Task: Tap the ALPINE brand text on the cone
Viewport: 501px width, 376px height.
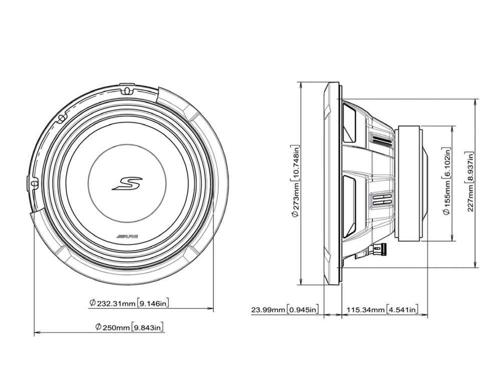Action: click(x=126, y=235)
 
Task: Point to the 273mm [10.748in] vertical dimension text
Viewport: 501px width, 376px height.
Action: click(x=296, y=182)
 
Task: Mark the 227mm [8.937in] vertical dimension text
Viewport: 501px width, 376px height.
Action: click(x=470, y=182)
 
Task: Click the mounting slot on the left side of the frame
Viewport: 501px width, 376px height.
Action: click(x=34, y=184)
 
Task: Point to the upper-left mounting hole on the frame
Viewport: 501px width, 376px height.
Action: click(x=61, y=118)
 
